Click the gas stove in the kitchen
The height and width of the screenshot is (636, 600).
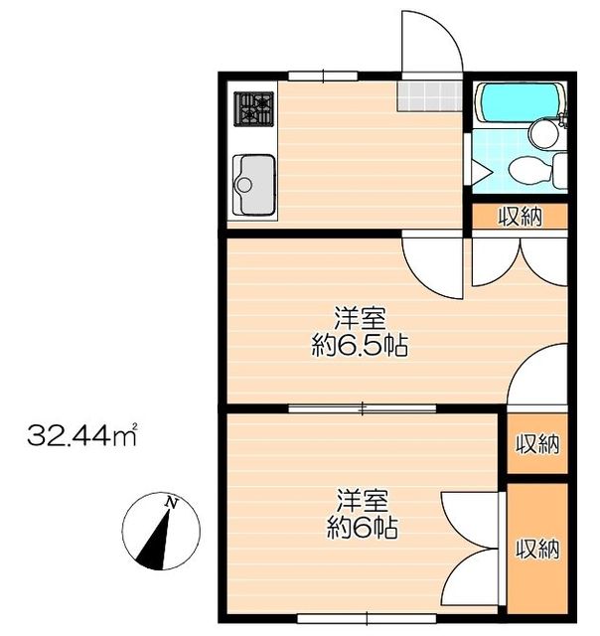253,109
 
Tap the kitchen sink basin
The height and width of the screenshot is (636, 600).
253,185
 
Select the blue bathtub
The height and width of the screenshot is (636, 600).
521,101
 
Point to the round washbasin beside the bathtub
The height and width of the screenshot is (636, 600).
544,134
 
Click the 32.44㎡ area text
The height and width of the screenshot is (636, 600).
81,435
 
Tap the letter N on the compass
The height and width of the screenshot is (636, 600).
172,504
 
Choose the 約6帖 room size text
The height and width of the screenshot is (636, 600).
362,527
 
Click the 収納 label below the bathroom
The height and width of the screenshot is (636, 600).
521,217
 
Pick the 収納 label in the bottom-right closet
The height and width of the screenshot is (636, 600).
537,549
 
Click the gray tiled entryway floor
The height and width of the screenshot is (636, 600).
430,96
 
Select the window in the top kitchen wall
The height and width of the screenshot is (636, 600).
323,76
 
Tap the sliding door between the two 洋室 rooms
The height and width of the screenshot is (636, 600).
363,408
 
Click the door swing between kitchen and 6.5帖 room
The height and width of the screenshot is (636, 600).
432,268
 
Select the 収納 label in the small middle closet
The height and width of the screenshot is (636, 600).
537,444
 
